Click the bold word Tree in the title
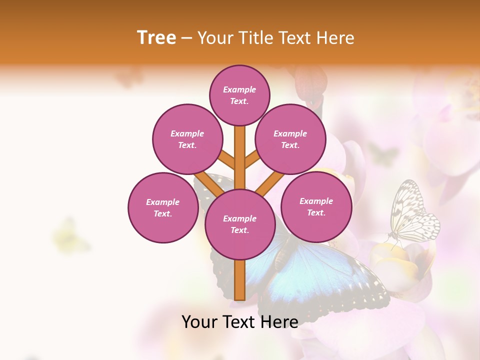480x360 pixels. point(156,37)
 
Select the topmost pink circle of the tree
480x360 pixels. point(240,95)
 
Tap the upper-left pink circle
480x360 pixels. point(187,139)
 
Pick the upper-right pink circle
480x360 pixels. point(290,139)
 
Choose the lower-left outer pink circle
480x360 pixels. point(163,207)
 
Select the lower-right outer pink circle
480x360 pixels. point(316,206)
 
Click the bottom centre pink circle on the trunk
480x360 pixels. point(240,224)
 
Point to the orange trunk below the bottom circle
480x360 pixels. point(240,280)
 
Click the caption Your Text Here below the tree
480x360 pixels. point(240,321)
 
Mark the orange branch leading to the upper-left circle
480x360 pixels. point(226,160)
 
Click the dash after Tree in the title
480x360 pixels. point(186,37)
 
